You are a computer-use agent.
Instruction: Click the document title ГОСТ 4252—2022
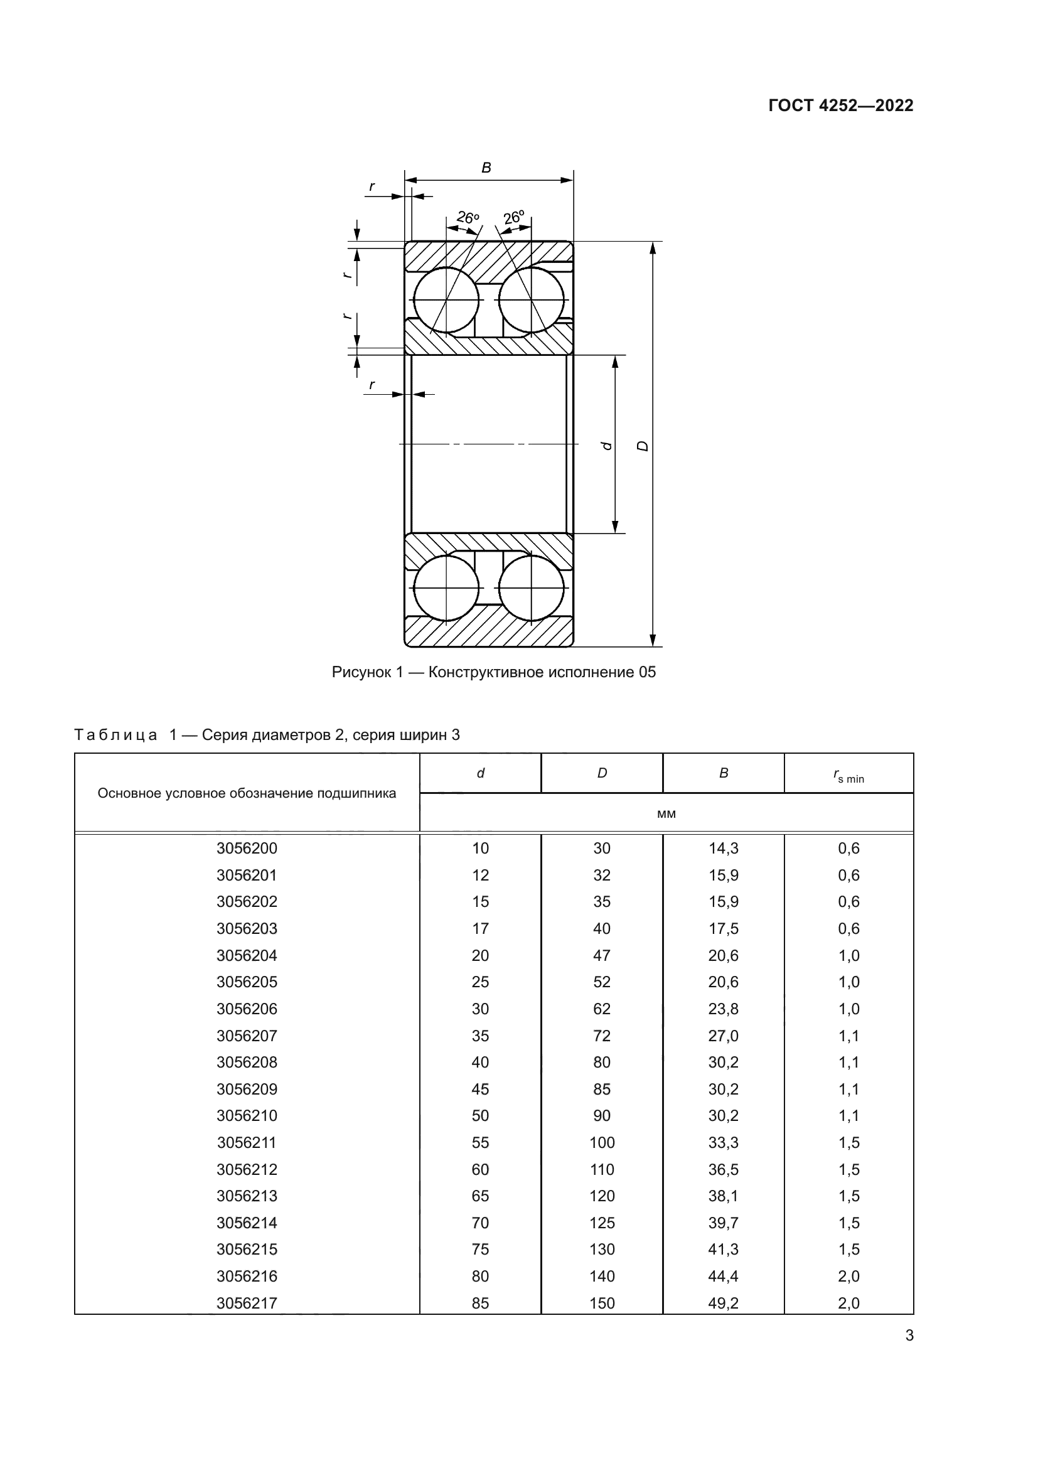point(840,105)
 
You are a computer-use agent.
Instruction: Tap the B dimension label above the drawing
point(486,168)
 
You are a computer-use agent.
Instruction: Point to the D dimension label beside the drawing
point(643,446)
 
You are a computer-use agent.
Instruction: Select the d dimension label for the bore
point(607,446)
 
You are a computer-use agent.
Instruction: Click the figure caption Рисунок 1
point(493,672)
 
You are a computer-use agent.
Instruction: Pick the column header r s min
point(848,775)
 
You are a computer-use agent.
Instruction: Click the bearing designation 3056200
point(247,849)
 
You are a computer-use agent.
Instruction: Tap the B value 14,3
point(723,849)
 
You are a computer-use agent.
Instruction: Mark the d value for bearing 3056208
point(480,1062)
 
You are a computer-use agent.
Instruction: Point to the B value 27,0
point(723,1035)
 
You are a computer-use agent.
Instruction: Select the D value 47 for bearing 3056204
point(601,955)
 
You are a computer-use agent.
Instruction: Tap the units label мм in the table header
point(666,814)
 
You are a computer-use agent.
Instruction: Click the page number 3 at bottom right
point(909,1336)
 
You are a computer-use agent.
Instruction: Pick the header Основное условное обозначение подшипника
point(247,793)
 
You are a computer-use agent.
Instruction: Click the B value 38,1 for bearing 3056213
point(723,1196)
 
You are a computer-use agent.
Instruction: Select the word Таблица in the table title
point(115,736)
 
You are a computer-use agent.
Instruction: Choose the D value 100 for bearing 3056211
point(601,1142)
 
